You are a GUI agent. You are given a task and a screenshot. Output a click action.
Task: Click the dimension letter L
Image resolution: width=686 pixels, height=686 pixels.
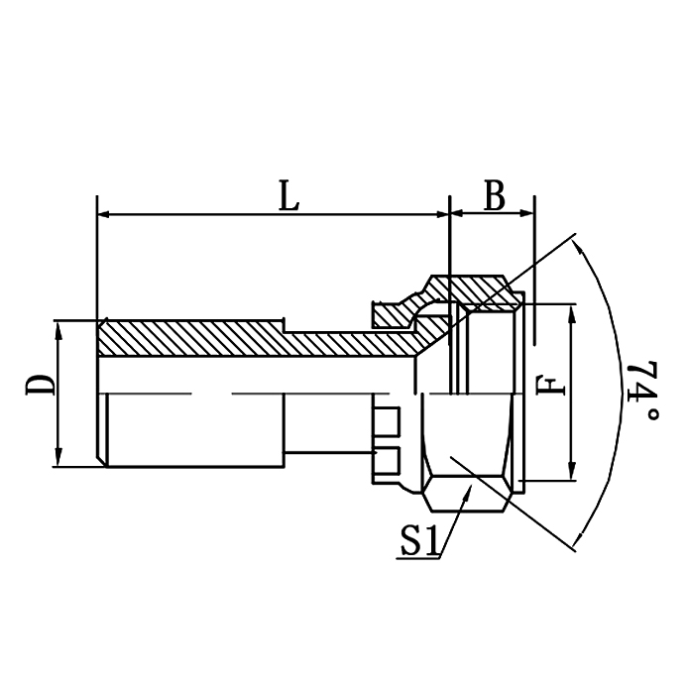pos(288,196)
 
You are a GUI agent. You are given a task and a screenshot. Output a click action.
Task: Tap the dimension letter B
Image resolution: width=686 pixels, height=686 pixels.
pos(493,196)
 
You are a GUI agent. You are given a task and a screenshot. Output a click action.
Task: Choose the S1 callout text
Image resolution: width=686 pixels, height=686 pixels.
pos(420,541)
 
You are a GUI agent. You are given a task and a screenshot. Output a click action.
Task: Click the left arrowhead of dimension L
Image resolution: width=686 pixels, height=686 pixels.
pos(105,214)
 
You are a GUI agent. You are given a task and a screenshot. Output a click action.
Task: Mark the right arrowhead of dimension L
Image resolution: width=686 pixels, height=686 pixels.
pos(441,214)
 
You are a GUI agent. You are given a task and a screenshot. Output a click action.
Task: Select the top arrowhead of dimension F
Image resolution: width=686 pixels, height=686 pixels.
pos(572,312)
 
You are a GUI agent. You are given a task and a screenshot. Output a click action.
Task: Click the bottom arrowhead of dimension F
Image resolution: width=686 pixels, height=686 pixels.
pos(572,473)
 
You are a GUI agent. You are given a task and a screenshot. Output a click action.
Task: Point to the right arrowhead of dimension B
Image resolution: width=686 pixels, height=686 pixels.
pos(528,214)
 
